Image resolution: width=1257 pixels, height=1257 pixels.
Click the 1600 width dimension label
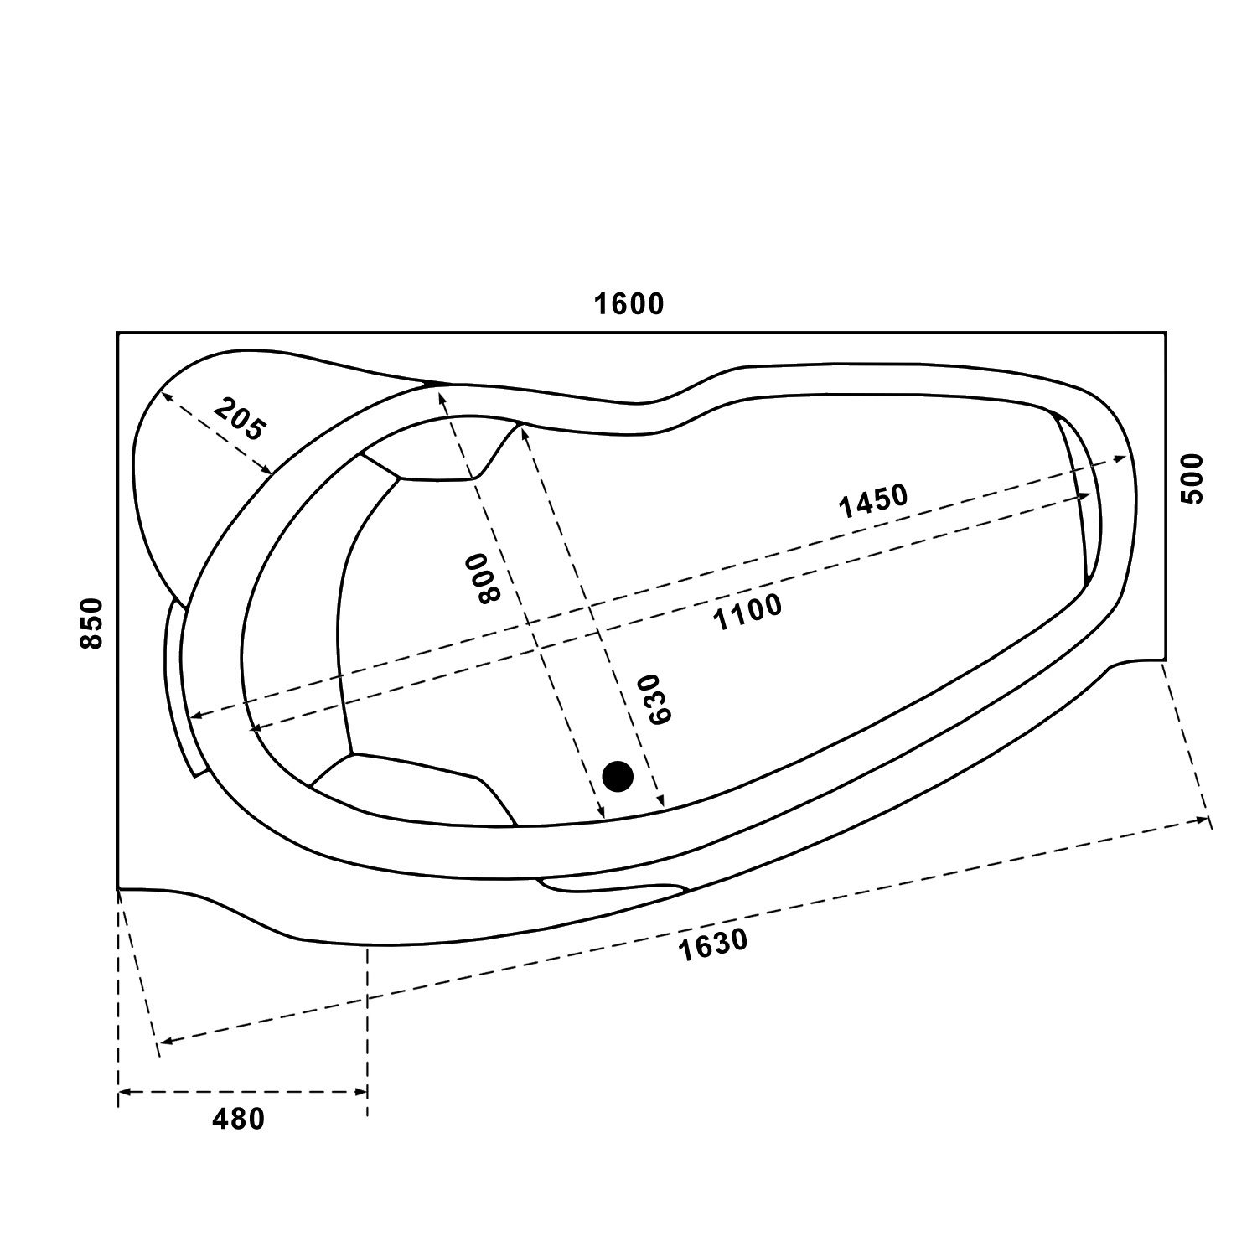(628, 303)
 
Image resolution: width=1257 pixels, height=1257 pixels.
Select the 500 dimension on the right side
(1191, 478)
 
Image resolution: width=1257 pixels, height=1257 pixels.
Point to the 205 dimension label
(239, 420)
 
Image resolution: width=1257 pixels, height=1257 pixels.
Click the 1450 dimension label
(873, 501)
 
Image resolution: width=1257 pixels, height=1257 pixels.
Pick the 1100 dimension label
(747, 612)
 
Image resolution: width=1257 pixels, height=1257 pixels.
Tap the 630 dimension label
(654, 698)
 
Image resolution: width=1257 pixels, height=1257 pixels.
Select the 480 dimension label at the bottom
(239, 1119)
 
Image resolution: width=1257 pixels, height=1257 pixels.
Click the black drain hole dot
(618, 776)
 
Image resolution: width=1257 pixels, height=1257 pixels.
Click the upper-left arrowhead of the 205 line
(166, 398)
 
